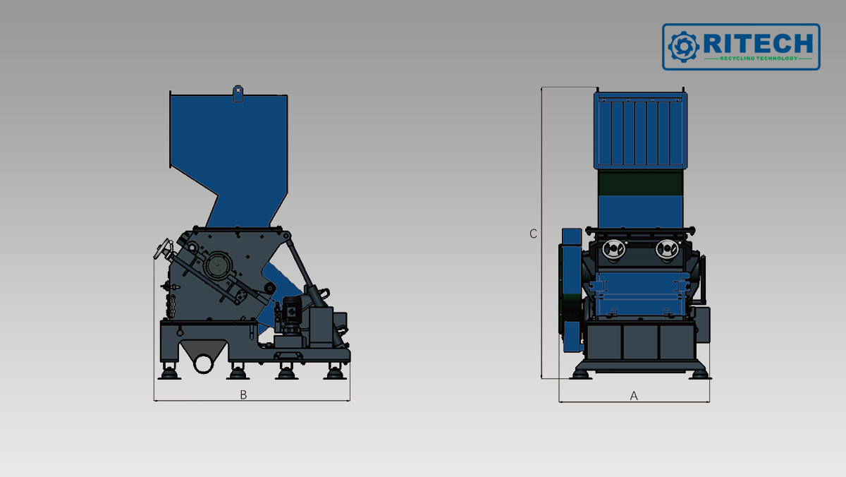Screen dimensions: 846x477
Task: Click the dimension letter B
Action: click(x=244, y=394)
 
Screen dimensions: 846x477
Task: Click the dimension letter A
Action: click(x=634, y=396)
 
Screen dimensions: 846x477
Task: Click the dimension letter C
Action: click(x=533, y=234)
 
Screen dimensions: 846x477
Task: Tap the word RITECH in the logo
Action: click(x=758, y=44)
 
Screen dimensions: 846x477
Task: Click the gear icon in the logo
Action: click(x=683, y=47)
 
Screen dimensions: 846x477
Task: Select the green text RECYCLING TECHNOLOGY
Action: click(x=759, y=58)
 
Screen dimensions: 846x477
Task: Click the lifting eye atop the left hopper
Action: click(x=238, y=93)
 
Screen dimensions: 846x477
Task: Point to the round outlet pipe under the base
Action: click(x=204, y=363)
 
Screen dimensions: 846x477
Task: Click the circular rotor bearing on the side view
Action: click(x=217, y=265)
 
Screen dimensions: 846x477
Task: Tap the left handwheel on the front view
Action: click(x=613, y=250)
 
